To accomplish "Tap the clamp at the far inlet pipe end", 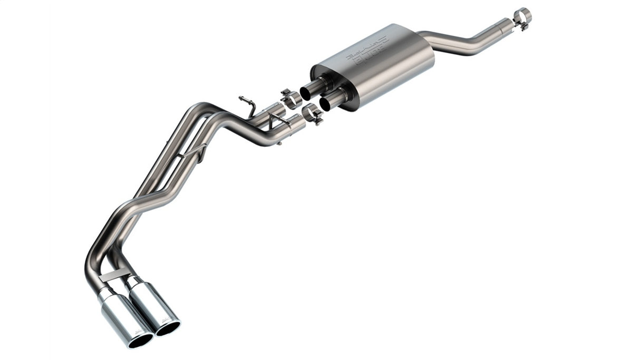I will point(522,17).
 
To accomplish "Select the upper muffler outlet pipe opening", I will point(306,93).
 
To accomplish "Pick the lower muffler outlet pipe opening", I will point(325,104).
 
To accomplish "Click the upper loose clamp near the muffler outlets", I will point(290,99).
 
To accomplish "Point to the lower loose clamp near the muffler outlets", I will point(313,114).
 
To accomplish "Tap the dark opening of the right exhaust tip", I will point(168,328).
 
